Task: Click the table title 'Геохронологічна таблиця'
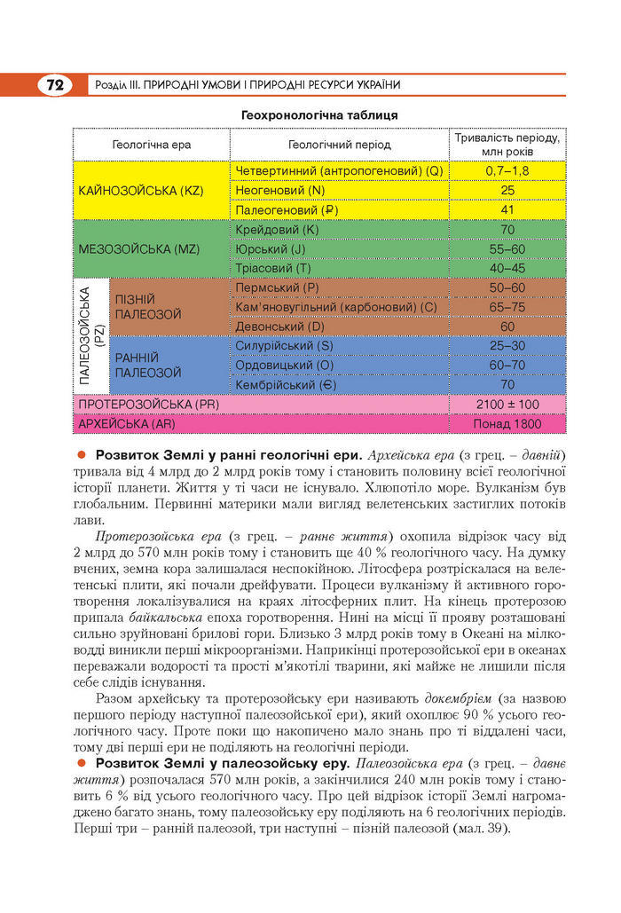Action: [319, 115]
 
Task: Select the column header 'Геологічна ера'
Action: [152, 145]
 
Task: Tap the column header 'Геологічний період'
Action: [340, 145]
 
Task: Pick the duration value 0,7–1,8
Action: [507, 170]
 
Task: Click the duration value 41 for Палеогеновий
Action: [507, 210]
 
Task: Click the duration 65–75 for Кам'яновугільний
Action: [507, 307]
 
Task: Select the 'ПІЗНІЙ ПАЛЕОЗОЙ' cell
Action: [147, 307]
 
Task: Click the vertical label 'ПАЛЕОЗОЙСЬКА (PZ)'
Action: [91, 335]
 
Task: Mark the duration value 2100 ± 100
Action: [507, 405]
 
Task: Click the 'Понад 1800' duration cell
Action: [507, 424]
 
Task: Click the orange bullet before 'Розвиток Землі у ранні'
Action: [81, 455]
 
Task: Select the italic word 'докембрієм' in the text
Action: [463, 699]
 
